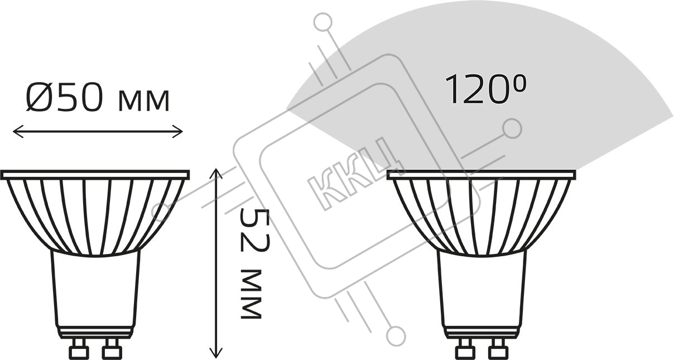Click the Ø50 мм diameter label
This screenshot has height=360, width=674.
tap(98, 97)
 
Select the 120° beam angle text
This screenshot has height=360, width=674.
tap(485, 89)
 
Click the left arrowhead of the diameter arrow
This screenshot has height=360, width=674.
tap(18, 132)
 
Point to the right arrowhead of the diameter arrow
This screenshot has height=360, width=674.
tap(177, 132)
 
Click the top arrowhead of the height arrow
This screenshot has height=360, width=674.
tap(216, 174)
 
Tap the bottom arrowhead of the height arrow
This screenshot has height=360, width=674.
tap(216, 352)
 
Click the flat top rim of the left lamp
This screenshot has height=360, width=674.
tap(95, 175)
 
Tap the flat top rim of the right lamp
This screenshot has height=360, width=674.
tap(482, 175)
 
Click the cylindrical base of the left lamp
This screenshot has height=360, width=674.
tap(95, 295)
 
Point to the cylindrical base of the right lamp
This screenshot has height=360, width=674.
tap(482, 295)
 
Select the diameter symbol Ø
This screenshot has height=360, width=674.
tap(38, 97)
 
